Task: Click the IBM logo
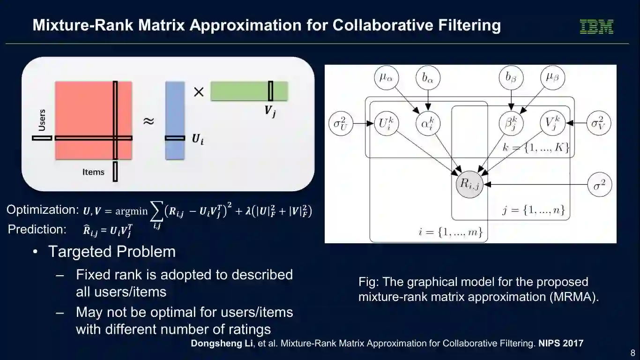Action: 596,26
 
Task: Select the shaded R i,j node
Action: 469,184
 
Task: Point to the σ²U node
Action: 341,124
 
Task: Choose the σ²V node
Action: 600,124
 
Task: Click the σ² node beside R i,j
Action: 600,185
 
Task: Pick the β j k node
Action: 511,124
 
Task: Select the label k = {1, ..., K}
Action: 536,149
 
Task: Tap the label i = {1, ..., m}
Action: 450,232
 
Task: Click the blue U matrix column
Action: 175,121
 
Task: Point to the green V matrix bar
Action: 249,91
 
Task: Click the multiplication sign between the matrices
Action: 199,92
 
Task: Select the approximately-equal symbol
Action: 148,121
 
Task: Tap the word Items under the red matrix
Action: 93,172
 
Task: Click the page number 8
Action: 633,352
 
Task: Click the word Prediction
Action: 37,229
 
